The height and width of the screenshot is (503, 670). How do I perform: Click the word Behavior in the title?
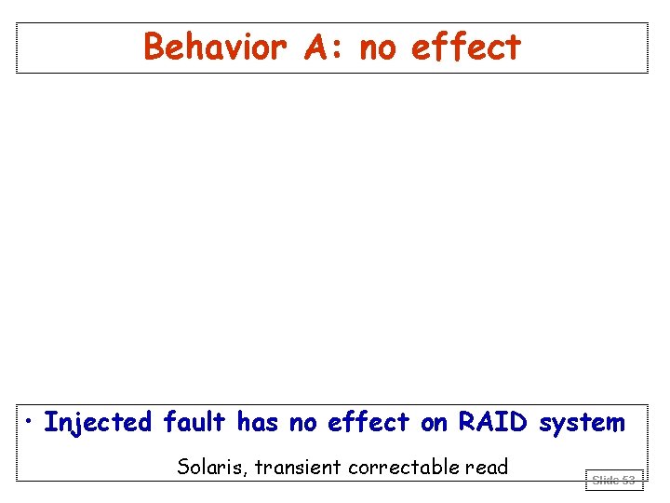point(218,47)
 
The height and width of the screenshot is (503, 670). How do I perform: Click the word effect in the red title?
point(465,47)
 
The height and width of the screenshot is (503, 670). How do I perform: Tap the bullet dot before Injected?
point(31,423)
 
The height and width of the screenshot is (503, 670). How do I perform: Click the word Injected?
point(98,423)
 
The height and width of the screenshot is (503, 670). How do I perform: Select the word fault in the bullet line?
point(194,422)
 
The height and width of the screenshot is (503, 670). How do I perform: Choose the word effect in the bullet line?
point(368,422)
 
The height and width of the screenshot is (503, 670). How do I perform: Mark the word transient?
point(299,467)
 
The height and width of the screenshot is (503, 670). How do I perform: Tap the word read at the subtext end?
point(489,467)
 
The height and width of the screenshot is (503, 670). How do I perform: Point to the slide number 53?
point(628,481)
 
